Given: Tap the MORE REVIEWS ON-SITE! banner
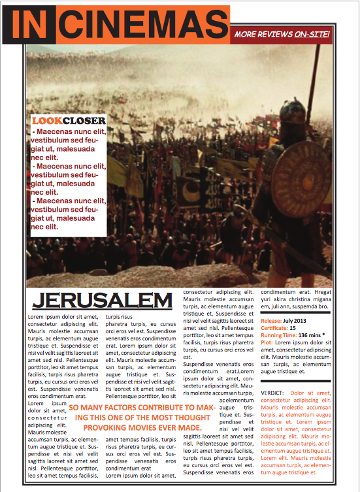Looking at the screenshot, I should point(281,34).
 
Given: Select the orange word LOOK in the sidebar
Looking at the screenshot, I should point(47,121).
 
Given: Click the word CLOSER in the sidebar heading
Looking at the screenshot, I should point(84,121).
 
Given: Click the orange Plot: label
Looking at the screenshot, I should point(267,342).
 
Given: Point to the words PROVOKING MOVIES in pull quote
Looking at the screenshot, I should point(118,427).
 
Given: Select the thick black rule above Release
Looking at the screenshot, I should point(295,313).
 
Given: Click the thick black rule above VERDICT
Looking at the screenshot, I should point(295,381).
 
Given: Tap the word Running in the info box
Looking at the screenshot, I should point(274,335).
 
